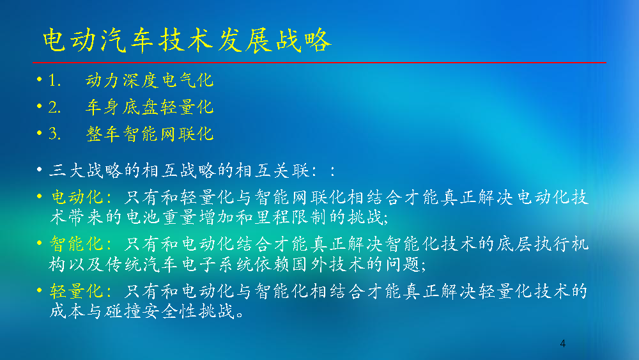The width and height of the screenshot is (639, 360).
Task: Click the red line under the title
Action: click(319, 63)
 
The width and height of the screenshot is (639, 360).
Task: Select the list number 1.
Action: click(54, 81)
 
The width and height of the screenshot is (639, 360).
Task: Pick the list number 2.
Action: click(54, 107)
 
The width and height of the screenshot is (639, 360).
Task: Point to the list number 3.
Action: click(54, 134)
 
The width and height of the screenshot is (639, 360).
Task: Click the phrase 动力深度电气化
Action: click(150, 81)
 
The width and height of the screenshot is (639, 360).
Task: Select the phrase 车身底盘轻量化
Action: click(150, 107)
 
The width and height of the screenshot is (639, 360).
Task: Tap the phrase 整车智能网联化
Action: click(150, 134)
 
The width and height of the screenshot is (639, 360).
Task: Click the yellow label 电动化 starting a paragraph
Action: click(77, 198)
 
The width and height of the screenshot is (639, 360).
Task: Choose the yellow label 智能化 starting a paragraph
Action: click(77, 244)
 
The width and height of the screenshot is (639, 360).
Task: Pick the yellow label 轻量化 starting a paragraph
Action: click(77, 292)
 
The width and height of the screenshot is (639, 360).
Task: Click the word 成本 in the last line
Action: click(68, 311)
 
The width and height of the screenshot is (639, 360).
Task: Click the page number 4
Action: click(563, 343)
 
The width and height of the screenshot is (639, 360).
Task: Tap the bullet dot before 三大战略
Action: click(40, 169)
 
